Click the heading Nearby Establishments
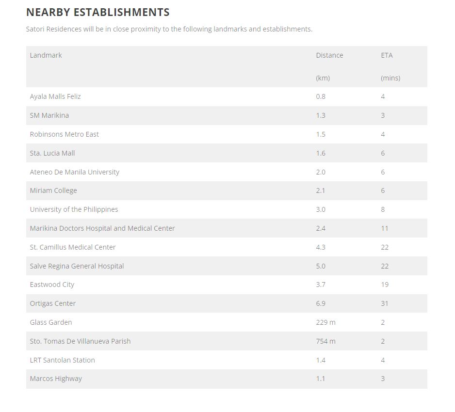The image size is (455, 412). point(97,12)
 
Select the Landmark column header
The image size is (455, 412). point(46,55)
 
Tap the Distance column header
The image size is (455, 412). point(329,55)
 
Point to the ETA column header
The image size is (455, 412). point(387,55)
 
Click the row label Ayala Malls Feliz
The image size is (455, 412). point(55,96)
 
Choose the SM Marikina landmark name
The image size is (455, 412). point(49,115)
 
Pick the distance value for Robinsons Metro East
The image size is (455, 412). point(321,134)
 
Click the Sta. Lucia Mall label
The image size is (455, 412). point(52,153)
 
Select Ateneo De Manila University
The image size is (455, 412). point(74,172)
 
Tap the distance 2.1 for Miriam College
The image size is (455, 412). point(321,190)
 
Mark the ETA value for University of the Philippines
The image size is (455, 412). point(383,209)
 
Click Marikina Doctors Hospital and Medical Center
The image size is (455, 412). point(102,228)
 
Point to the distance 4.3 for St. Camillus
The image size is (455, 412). point(321,247)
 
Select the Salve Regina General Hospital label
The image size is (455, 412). point(77,266)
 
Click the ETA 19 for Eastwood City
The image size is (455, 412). point(385,285)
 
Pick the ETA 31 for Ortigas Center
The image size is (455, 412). point(385,303)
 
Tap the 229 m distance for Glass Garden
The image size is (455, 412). point(325,322)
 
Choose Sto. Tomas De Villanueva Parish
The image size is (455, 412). point(80,341)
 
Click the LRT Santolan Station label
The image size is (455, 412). point(62,360)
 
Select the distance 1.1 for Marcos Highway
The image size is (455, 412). point(321,379)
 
